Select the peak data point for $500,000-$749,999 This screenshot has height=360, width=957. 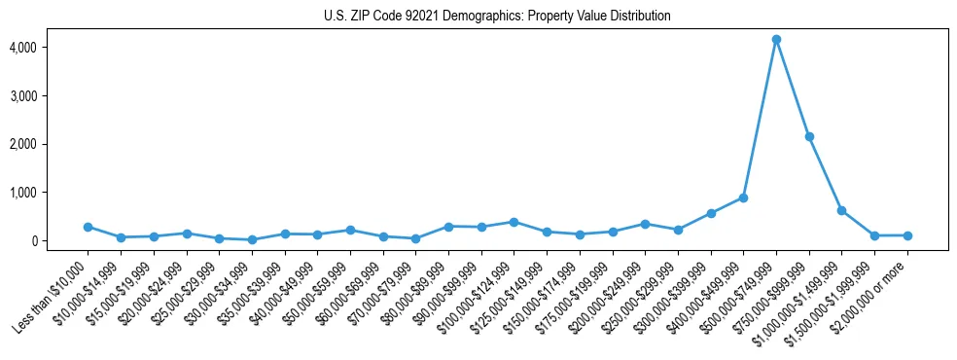click(776, 40)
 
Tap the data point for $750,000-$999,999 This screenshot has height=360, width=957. click(809, 136)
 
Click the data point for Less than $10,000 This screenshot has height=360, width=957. click(88, 227)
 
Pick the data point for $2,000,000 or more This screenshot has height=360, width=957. click(907, 235)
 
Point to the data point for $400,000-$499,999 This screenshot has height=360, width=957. click(743, 198)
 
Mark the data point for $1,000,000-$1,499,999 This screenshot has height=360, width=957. click(841, 210)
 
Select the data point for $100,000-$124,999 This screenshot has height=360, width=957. click(514, 222)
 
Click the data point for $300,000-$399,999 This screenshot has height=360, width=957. click(711, 213)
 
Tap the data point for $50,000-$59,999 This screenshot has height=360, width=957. click(350, 230)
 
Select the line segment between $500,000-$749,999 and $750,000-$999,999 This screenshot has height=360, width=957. click(793, 88)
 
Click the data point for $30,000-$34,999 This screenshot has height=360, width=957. click(252, 239)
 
